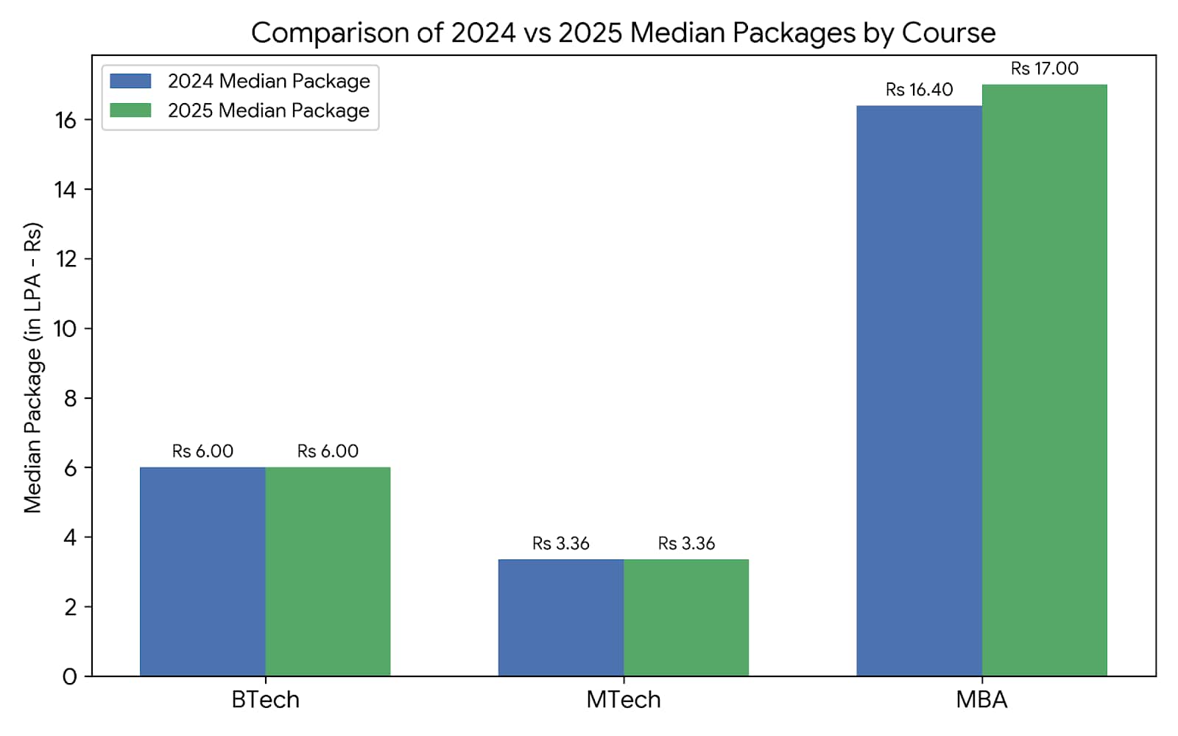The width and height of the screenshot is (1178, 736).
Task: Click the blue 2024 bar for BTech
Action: (x=202, y=571)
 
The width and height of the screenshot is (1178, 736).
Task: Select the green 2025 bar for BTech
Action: (x=328, y=571)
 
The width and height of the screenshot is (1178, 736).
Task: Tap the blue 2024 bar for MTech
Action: (x=561, y=618)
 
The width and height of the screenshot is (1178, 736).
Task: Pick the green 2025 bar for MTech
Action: (x=686, y=618)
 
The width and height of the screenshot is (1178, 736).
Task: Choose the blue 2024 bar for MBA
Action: (x=920, y=391)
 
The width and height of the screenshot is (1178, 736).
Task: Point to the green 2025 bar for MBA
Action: (x=1045, y=380)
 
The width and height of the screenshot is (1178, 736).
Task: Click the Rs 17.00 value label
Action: (x=1045, y=68)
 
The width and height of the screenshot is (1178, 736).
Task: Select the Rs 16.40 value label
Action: (x=920, y=90)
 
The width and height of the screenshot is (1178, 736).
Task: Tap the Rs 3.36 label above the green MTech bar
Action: (x=686, y=543)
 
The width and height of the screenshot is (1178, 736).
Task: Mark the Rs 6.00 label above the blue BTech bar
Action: (x=202, y=451)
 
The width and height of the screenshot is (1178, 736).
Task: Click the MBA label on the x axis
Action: (x=982, y=700)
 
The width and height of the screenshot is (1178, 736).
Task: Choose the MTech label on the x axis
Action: (x=624, y=700)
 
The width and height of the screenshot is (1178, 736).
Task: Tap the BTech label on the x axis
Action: (x=266, y=700)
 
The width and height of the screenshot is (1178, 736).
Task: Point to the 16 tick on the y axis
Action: (x=66, y=121)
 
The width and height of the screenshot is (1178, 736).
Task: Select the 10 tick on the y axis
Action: (x=65, y=329)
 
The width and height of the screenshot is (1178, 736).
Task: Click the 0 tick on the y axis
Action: (x=70, y=676)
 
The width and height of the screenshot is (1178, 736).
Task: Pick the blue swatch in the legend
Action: (x=130, y=81)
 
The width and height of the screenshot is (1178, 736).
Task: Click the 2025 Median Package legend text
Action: (x=269, y=110)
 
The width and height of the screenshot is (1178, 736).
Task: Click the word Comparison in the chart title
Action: (x=331, y=33)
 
